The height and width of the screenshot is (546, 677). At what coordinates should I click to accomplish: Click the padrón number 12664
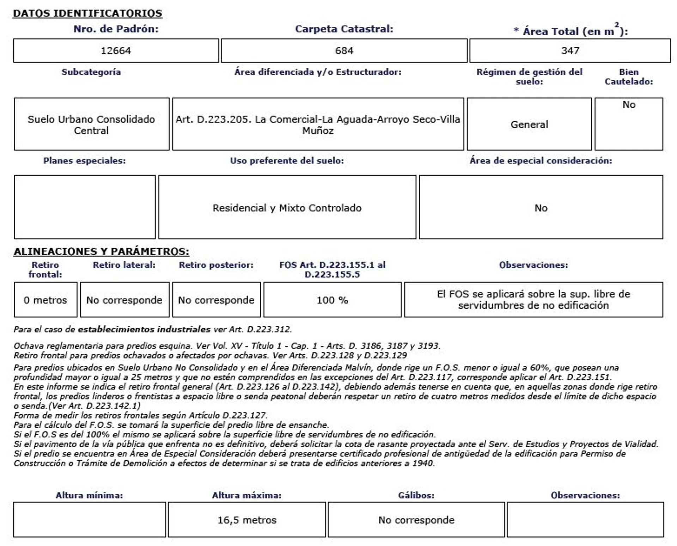(x=116, y=51)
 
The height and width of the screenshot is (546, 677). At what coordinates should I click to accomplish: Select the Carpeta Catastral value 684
(x=344, y=51)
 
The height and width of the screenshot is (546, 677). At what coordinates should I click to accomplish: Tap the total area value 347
(x=570, y=51)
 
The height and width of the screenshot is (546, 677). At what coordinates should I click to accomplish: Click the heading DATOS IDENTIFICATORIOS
(x=87, y=13)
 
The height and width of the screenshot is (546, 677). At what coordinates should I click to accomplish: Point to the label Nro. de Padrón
(x=116, y=29)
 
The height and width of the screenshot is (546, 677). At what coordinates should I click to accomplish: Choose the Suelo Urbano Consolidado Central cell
(x=91, y=125)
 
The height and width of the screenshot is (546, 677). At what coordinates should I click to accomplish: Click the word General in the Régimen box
(x=529, y=125)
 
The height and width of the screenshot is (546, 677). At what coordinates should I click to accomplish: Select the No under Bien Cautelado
(x=629, y=105)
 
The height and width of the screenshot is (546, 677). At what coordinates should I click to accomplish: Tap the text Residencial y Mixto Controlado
(x=287, y=208)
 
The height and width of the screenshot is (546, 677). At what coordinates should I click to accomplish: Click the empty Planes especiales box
(x=85, y=207)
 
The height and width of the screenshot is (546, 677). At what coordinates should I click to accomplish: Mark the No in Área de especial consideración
(x=541, y=208)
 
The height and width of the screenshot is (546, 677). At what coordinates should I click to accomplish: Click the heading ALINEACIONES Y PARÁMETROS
(x=101, y=251)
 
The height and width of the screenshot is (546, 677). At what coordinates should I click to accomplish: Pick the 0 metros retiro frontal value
(x=45, y=300)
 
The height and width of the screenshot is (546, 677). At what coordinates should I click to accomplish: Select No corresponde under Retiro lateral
(x=124, y=300)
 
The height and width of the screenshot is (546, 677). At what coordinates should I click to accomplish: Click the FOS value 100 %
(x=332, y=300)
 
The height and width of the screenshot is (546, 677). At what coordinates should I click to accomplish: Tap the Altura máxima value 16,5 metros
(x=247, y=520)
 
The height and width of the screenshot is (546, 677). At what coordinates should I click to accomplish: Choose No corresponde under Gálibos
(x=416, y=520)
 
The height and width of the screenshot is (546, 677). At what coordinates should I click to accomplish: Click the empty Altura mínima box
(x=90, y=520)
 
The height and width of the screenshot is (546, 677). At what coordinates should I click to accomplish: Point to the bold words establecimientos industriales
(x=144, y=329)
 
